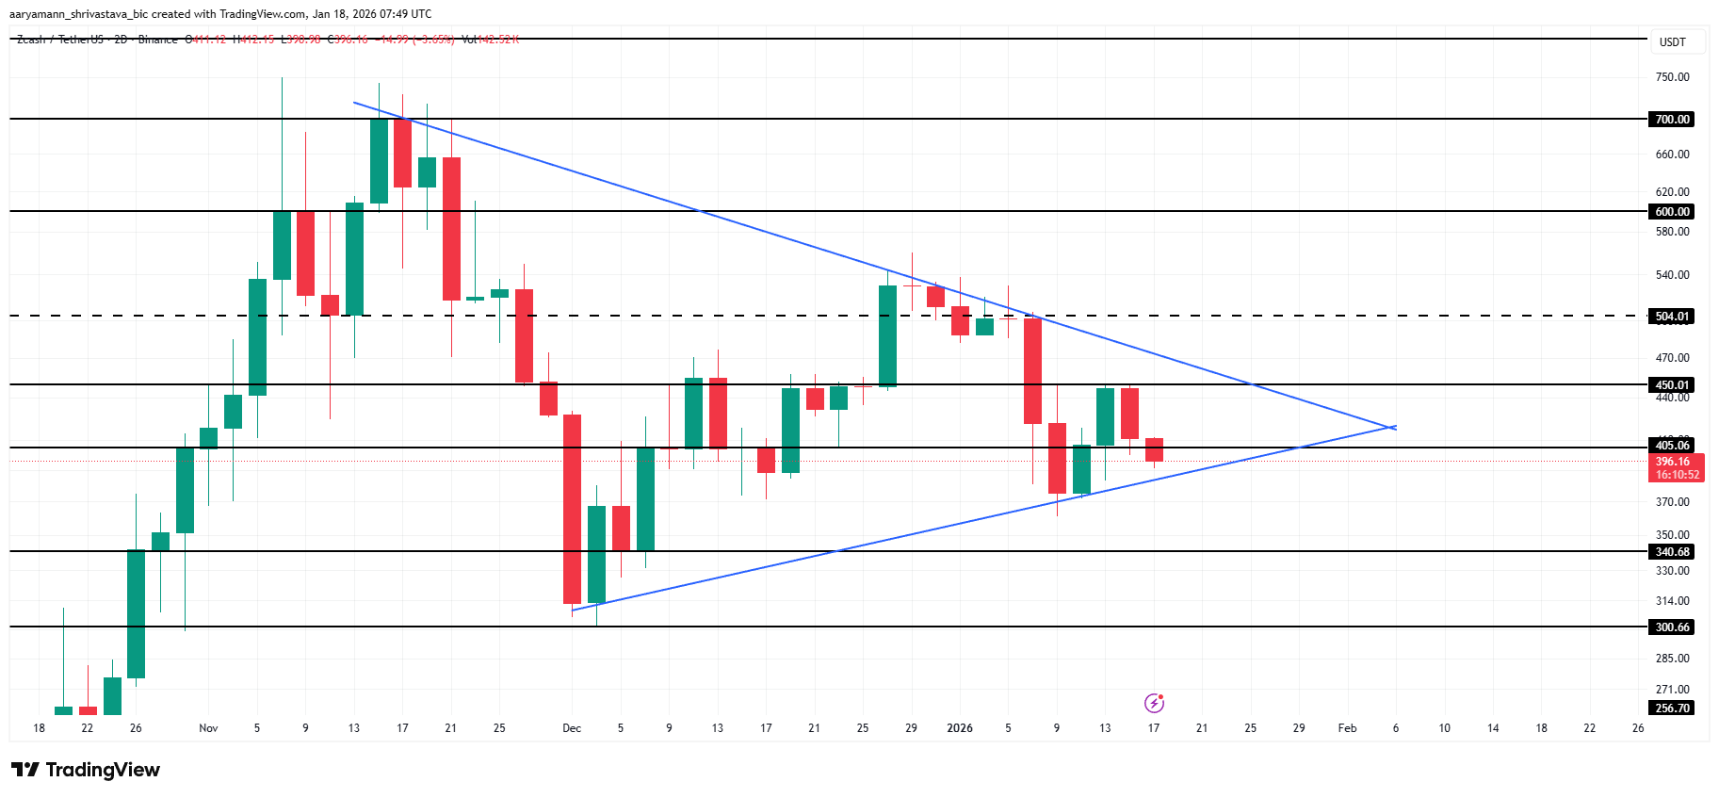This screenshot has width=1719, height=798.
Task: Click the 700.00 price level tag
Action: [1672, 120]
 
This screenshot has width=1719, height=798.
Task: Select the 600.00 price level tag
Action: [1672, 212]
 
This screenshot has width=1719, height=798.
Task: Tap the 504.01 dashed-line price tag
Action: [1672, 317]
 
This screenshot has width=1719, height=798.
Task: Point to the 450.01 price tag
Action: [1672, 385]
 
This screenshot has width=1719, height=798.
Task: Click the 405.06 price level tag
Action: [1672, 446]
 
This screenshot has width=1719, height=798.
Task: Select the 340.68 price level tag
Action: [1672, 552]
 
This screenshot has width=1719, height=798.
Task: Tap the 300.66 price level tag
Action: [1672, 627]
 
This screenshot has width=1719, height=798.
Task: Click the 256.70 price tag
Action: [1672, 708]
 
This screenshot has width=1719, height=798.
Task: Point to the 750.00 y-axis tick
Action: [1672, 77]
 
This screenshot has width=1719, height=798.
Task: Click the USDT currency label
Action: [1672, 42]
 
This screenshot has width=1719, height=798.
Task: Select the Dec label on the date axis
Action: [572, 728]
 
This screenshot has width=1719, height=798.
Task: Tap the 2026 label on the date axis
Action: [960, 728]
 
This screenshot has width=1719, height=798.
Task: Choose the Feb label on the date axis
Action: [1347, 728]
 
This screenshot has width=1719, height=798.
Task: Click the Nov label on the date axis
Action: [208, 728]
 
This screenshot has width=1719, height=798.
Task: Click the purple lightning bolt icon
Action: [1154, 703]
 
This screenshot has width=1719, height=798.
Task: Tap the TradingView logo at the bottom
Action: [86, 770]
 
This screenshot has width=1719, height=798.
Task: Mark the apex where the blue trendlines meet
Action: [1394, 428]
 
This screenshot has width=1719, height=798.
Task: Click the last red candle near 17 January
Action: [1154, 449]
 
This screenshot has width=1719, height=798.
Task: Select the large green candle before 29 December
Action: [887, 335]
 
